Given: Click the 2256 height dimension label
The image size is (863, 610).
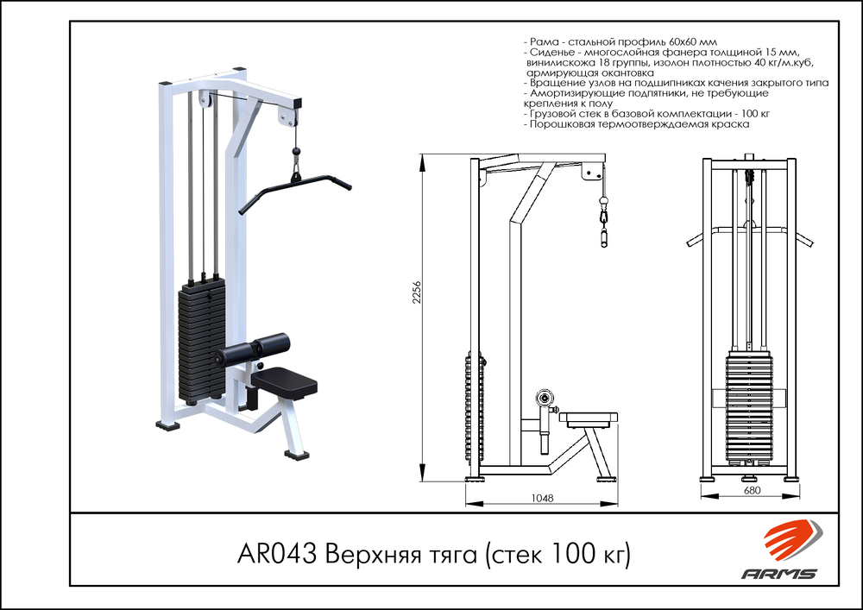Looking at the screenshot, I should click(415, 293).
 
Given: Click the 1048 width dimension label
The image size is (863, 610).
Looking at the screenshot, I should click(542, 498).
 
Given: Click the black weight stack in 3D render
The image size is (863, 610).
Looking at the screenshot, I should click(199, 341).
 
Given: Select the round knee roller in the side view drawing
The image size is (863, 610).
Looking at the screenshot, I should click(544, 398).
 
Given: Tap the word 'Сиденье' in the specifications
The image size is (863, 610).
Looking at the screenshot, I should click(554, 52).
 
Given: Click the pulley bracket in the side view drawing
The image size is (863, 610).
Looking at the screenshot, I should click(593, 171).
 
